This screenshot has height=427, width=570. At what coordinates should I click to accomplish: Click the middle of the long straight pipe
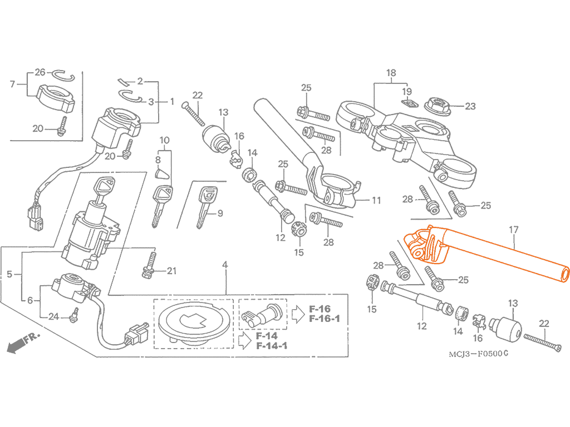501,253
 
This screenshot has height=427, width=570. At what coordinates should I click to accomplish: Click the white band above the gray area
285,33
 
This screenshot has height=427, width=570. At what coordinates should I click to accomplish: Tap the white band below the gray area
285,392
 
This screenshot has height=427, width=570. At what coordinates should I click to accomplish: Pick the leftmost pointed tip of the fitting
401,239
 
